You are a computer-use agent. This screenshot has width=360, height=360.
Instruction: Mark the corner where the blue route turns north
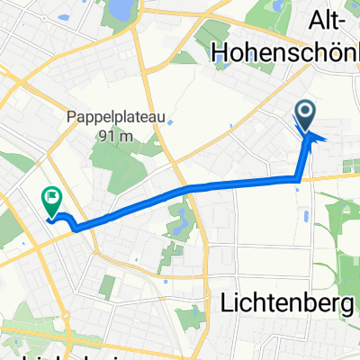point(299,180)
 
